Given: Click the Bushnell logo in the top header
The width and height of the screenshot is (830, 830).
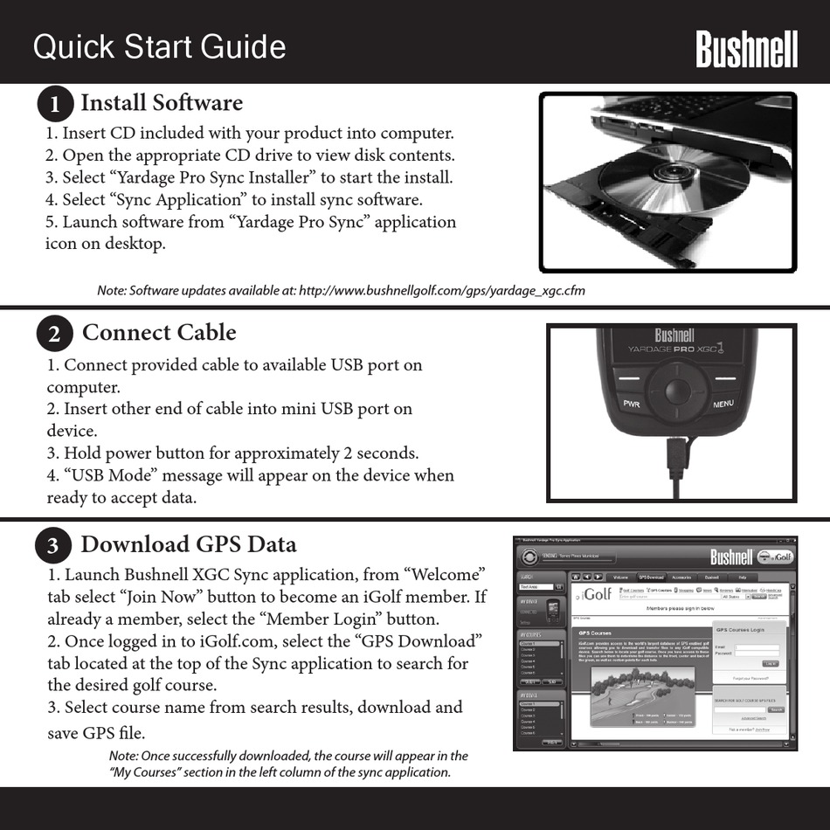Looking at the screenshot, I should pyautogui.click(x=746, y=49).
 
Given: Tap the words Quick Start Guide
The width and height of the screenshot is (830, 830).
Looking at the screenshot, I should pyautogui.click(x=160, y=47).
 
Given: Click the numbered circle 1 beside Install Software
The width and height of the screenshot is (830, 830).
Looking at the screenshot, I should pyautogui.click(x=54, y=105).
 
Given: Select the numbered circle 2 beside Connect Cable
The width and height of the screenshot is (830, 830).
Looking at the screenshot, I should pyautogui.click(x=54, y=335).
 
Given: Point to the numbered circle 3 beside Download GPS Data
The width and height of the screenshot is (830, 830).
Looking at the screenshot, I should pyautogui.click(x=53, y=546).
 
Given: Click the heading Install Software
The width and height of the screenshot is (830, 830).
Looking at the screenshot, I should pyautogui.click(x=162, y=103).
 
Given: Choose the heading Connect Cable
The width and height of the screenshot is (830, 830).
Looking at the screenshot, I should pyautogui.click(x=159, y=333).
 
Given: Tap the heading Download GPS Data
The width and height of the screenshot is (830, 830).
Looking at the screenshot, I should pyautogui.click(x=189, y=544).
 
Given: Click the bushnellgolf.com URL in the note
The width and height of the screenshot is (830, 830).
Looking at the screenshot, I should pyautogui.click(x=441, y=291).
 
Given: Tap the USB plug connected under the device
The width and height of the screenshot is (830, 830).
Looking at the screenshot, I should pyautogui.click(x=674, y=453).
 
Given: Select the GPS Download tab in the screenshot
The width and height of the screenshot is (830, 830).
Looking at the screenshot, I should pyautogui.click(x=651, y=578).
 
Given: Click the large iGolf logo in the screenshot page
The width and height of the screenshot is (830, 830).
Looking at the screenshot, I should pyautogui.click(x=597, y=595).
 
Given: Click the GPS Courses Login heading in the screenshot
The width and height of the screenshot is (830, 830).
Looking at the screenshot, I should pyautogui.click(x=739, y=629).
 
